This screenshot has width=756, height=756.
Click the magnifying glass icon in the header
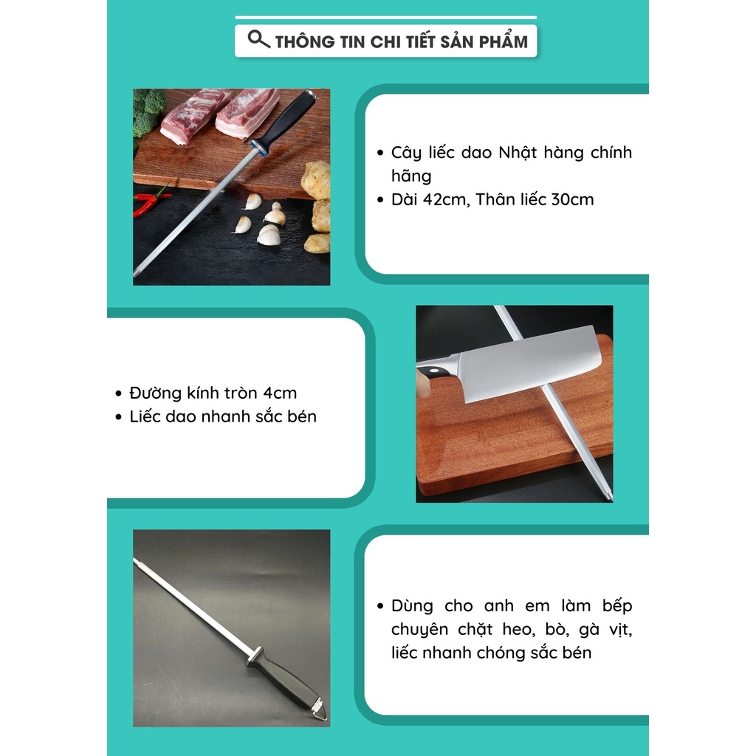point(258,39)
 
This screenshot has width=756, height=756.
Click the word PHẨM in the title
point(504,41)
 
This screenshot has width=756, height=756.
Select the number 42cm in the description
point(446,199)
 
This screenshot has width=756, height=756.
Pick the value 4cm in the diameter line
point(280,393)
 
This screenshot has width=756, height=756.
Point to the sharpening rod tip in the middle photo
point(608,495)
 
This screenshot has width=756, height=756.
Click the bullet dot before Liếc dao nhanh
point(119,417)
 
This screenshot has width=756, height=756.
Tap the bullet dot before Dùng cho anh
point(380,606)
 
